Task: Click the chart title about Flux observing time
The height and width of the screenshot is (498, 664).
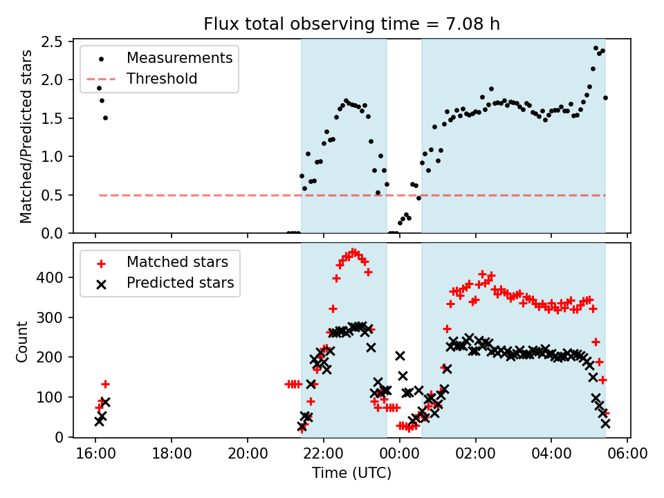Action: tap(351, 24)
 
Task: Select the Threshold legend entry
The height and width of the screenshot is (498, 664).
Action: tap(162, 79)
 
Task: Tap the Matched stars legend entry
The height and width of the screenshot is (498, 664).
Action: tap(177, 262)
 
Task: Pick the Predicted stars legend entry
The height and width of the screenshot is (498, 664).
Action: tap(180, 283)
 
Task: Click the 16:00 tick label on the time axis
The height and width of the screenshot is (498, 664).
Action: tap(95, 454)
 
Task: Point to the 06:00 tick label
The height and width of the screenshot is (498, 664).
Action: tap(627, 454)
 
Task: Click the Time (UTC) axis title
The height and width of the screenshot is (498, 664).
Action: tap(351, 473)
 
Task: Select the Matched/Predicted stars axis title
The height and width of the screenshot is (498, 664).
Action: tap(26, 137)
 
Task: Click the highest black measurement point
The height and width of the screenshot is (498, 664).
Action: tap(596, 48)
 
